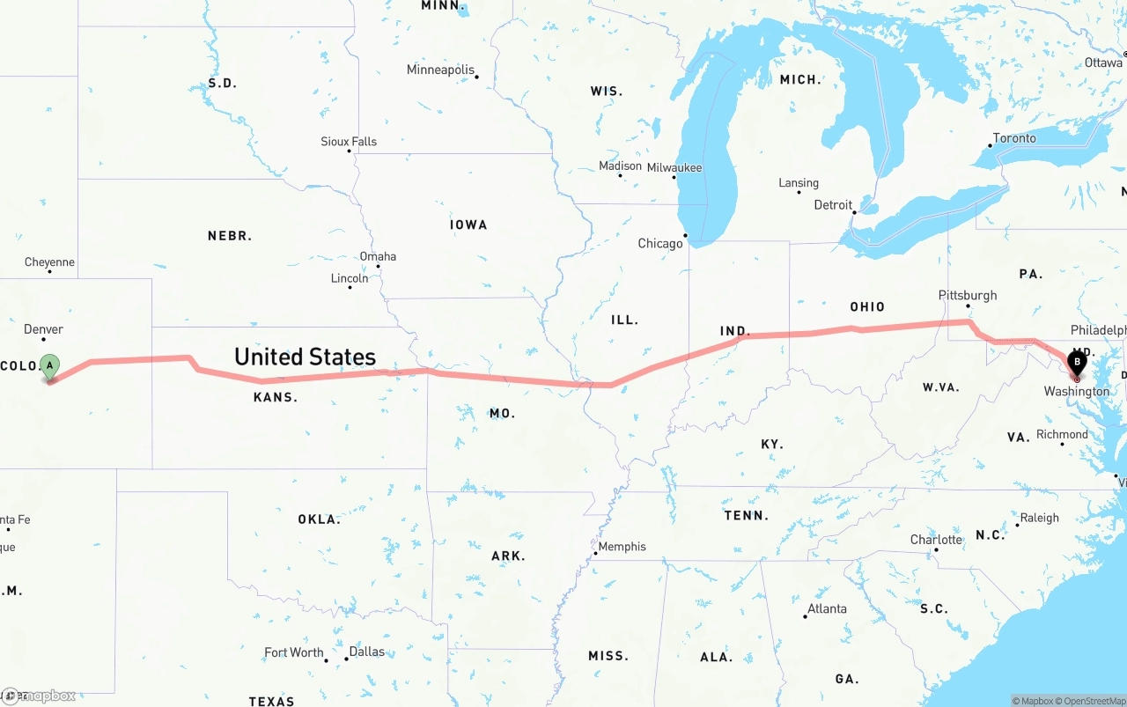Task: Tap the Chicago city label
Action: coord(660,244)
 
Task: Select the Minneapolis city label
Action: coord(440,70)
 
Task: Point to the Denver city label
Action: coord(43,329)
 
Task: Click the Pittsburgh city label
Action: coord(968,295)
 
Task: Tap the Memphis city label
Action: coord(622,547)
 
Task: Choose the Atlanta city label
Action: coord(827,608)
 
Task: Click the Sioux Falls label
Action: coord(349,141)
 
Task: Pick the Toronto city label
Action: coord(1014,138)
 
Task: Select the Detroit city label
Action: coord(833,205)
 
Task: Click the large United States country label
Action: coord(305,357)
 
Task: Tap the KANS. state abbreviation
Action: coord(276,398)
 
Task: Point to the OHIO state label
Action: coord(867,306)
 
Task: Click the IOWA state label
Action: coord(468,225)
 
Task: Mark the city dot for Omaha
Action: coord(378,266)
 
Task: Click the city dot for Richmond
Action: coord(1063,444)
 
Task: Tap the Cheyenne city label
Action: coord(49,262)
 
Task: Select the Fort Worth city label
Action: coord(294,652)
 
